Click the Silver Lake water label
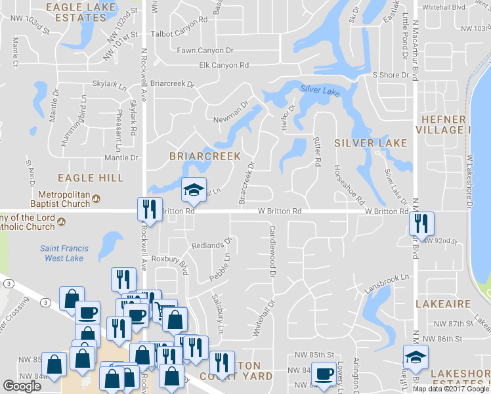(x=320, y=91)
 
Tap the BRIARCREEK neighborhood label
(x=205, y=156)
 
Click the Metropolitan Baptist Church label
(x=64, y=199)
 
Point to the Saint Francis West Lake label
(x=63, y=253)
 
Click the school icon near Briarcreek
(x=194, y=190)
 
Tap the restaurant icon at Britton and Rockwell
(x=150, y=210)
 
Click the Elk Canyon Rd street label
(x=224, y=65)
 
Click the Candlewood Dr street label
(x=272, y=246)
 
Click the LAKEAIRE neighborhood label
(x=444, y=304)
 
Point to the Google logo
(x=22, y=386)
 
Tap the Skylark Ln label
(x=109, y=85)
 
